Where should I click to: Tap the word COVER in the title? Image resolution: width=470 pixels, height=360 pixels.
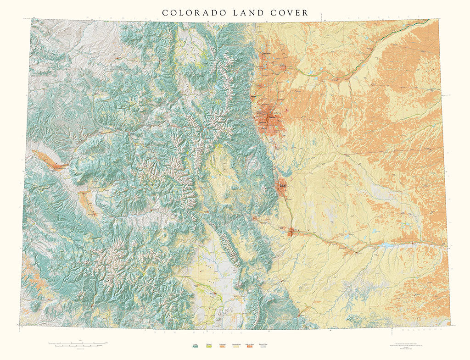click(x=290, y=13)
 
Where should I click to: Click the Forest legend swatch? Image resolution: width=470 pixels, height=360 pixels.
click(x=195, y=347)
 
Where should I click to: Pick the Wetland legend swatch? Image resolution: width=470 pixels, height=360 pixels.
click(x=209, y=347)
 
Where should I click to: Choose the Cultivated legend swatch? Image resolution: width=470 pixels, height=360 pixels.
click(x=223, y=347)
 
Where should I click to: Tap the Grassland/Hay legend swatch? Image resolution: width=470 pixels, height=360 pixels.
click(x=236, y=347)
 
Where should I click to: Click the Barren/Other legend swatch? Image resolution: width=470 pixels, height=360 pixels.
click(x=263, y=347)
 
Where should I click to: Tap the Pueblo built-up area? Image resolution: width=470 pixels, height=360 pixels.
click(x=291, y=232)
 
